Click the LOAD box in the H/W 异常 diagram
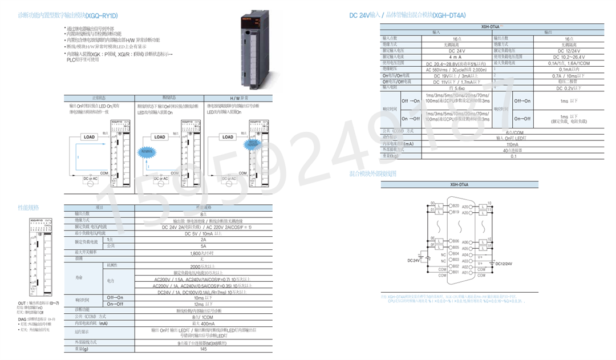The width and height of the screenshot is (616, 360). click(x=228, y=137)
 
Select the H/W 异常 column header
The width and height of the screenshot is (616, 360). click(x=239, y=98)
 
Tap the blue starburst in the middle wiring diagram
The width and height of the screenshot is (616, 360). click(x=148, y=152)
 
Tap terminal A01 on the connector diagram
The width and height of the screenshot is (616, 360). click(x=465, y=272)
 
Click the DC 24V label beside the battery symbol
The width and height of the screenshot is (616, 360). click(x=413, y=260)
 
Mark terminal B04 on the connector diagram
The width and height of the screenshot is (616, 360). click(x=455, y=254)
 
